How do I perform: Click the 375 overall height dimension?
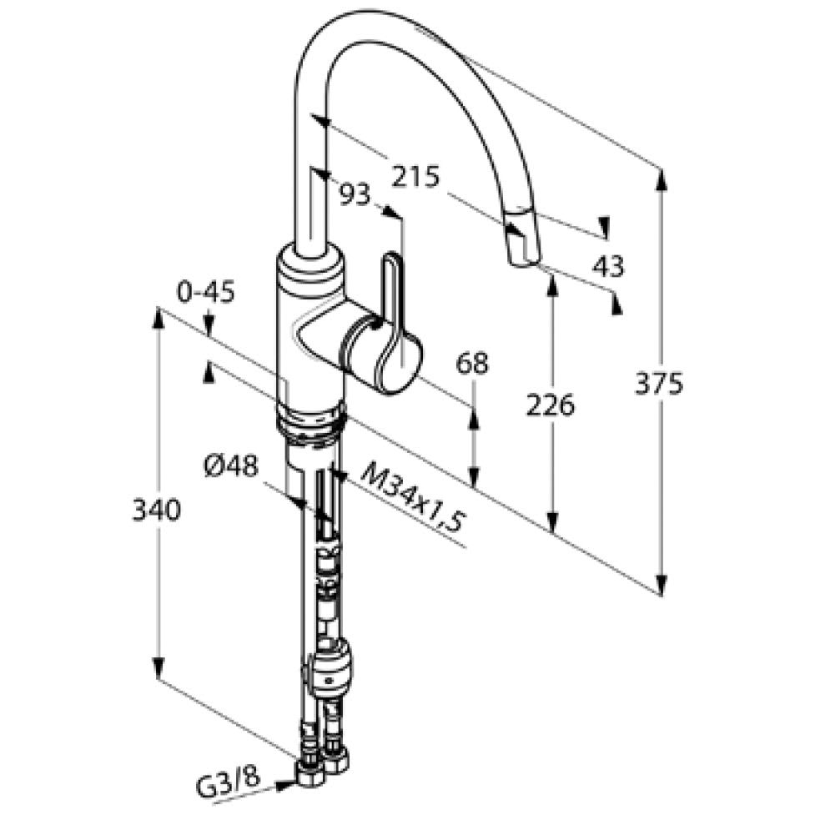pyautogui.click(x=659, y=384)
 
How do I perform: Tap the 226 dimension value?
pyautogui.click(x=551, y=405)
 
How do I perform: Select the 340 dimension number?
pyautogui.click(x=157, y=510)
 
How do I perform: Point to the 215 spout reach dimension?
pyautogui.click(x=415, y=176)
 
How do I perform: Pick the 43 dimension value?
pyautogui.click(x=608, y=266)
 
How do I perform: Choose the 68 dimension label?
pyautogui.click(x=472, y=364)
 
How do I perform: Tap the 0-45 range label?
pyautogui.click(x=206, y=292)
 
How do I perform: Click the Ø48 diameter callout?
pyautogui.click(x=231, y=466)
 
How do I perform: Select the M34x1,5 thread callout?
pyautogui.click(x=412, y=497)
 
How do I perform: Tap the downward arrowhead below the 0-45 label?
pyautogui.click(x=209, y=326)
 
